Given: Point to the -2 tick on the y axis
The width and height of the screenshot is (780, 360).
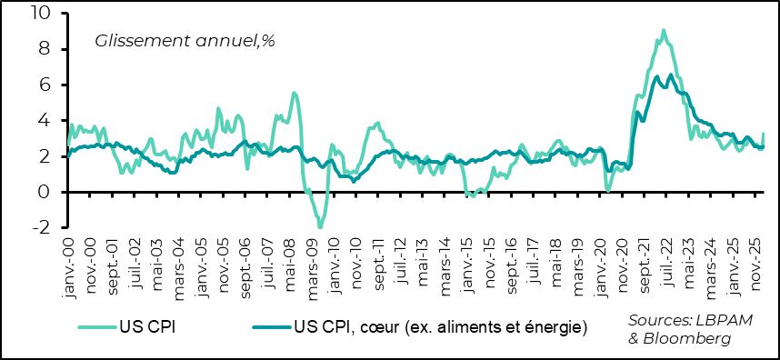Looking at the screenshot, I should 43,227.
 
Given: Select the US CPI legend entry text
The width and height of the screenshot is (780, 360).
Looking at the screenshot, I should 146,325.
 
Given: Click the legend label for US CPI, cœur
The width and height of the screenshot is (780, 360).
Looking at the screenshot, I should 440,325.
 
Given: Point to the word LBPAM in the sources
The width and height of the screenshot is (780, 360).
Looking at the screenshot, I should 725,321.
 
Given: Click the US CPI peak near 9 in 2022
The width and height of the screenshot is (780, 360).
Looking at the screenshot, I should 663,30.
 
